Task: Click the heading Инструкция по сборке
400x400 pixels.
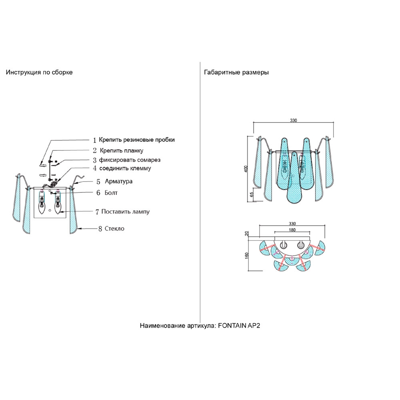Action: [x=39, y=72]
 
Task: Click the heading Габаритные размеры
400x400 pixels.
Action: [x=236, y=72]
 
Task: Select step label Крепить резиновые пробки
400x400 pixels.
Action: [x=137, y=140]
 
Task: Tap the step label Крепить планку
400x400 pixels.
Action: [x=121, y=150]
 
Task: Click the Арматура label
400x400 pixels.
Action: [x=118, y=181]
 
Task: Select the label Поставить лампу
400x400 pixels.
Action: [x=125, y=211]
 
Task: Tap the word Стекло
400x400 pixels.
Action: [x=114, y=229]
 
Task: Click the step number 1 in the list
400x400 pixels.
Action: [x=95, y=140]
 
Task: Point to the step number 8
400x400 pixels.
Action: [x=100, y=229]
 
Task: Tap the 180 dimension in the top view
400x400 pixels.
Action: [x=292, y=230]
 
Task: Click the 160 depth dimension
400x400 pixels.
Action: [x=247, y=256]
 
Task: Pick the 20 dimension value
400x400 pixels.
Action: [x=247, y=233]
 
